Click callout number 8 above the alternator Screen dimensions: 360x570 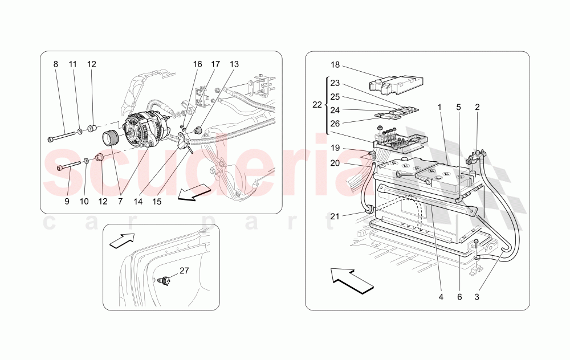point(56,64)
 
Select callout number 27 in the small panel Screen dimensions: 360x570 point(184,271)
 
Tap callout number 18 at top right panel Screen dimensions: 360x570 point(335,64)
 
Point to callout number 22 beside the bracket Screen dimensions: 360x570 point(317,105)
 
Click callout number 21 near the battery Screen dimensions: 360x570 point(335,216)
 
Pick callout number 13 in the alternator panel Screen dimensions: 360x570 point(234,64)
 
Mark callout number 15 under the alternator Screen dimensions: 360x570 point(156,202)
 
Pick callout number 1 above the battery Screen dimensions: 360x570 point(439,107)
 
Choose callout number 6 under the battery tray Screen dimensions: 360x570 point(459,296)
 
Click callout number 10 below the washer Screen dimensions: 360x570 point(84,202)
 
